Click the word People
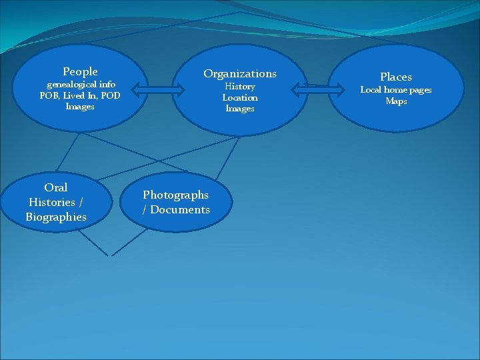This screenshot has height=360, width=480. [x=80, y=71]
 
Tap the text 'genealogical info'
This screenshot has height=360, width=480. [x=80, y=85]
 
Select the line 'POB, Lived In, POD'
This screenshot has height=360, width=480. [x=80, y=95]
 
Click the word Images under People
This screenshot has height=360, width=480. [x=80, y=106]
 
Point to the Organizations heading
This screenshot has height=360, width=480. [x=240, y=73]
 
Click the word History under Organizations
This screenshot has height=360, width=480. [x=240, y=87]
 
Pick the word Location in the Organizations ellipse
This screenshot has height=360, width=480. [x=240, y=97]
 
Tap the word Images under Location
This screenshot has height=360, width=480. [x=240, y=109]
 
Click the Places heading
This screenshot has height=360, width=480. [x=396, y=77]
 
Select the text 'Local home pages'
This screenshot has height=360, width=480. [x=396, y=90]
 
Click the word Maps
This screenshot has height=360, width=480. [x=396, y=101]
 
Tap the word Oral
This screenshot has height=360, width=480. [x=56, y=187]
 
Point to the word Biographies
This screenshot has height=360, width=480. [x=56, y=217]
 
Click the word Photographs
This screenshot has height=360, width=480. [x=175, y=195]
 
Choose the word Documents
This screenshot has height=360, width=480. [x=181, y=209]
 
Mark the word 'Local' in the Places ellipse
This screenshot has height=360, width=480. [x=372, y=90]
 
